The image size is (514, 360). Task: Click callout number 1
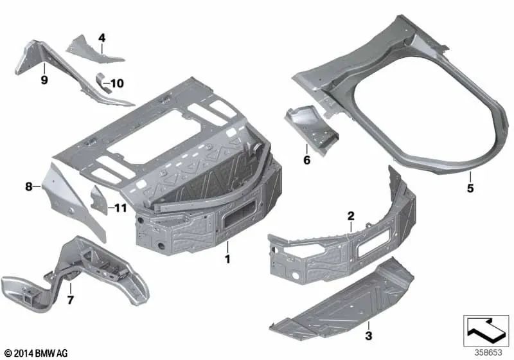click(x=227, y=259)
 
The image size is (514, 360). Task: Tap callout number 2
click(x=351, y=216)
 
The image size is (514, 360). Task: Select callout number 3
click(x=368, y=336)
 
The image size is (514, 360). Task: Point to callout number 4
click(x=102, y=38)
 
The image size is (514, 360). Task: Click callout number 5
click(x=470, y=188)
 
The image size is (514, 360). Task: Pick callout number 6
click(x=306, y=160)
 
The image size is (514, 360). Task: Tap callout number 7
click(x=70, y=300)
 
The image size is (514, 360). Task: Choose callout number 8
click(x=29, y=187)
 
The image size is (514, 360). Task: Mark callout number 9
click(x=44, y=80)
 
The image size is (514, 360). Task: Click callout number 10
click(x=118, y=84)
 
